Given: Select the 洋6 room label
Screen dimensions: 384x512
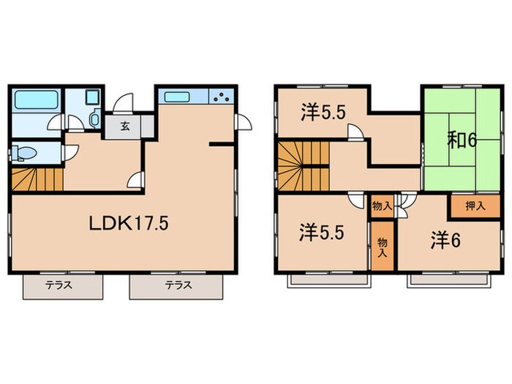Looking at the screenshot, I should [x=445, y=241].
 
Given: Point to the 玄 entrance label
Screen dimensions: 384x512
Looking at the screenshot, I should [x=125, y=126].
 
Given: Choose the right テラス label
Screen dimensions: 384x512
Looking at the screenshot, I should [x=178, y=285].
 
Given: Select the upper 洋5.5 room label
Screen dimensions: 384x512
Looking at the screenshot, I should [x=323, y=113].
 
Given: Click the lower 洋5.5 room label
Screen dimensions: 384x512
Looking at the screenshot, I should [x=322, y=234].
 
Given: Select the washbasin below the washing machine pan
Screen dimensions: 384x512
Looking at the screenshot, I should [x=95, y=118].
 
